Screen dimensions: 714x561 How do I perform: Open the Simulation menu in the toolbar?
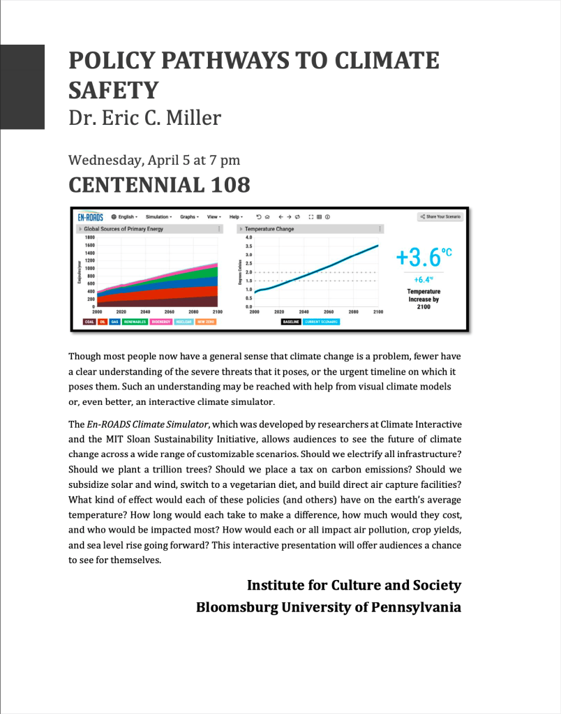(158, 217)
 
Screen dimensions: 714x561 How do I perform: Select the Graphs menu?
(189, 217)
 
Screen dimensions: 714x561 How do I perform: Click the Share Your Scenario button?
(440, 217)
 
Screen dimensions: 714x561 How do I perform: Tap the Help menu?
(236, 217)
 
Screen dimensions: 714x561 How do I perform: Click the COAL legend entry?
(89, 322)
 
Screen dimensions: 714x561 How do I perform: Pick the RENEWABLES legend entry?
(135, 322)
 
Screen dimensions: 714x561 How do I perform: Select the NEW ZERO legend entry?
(206, 322)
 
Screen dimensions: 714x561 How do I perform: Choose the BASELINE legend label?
(291, 322)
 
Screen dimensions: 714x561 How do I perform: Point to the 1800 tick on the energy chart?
(89, 238)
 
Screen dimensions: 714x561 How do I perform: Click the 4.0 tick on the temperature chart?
(248, 238)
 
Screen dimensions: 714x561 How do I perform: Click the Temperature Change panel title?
(269, 229)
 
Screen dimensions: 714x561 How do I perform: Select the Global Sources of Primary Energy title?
(124, 229)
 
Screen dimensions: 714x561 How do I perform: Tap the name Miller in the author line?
(194, 117)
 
